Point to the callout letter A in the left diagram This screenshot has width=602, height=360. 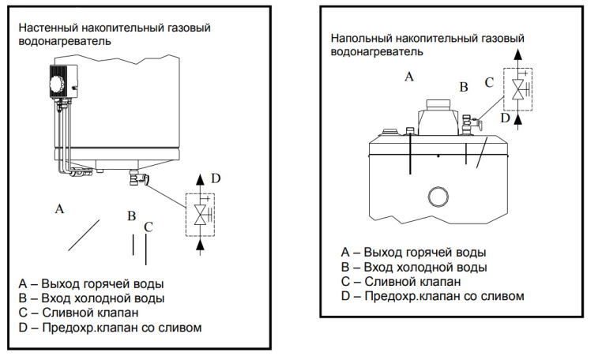click(58, 209)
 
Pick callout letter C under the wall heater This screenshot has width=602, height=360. click(148, 227)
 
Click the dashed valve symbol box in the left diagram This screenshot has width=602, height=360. click(201, 214)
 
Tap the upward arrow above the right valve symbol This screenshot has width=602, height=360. click(518, 55)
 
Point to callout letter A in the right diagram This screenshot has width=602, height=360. click(408, 77)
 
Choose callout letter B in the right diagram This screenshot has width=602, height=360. click(464, 86)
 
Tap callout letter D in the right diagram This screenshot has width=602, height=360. click(505, 118)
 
